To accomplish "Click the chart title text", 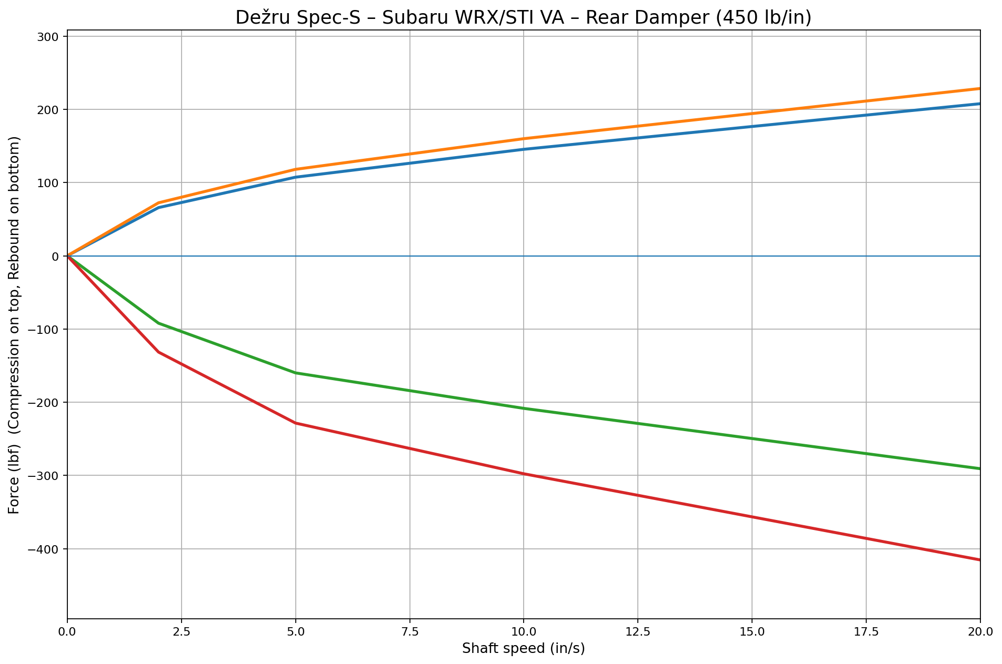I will click(523, 18).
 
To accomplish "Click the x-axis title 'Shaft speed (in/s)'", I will click(523, 649).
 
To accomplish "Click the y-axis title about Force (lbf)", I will click(14, 325).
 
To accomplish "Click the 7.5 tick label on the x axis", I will click(409, 631).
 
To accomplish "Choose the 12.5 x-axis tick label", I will click(637, 631).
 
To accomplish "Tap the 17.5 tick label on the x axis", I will click(866, 631).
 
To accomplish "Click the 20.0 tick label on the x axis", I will click(980, 631).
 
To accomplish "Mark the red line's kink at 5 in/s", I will click(295, 423).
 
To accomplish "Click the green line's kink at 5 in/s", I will click(295, 373).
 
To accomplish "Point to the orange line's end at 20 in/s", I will click(979, 88).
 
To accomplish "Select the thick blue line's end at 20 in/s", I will click(979, 104).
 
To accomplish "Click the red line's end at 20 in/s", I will click(979, 559).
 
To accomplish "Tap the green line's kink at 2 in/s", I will click(158, 323).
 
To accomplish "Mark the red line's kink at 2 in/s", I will click(158, 352).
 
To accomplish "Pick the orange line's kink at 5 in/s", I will click(295, 169).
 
